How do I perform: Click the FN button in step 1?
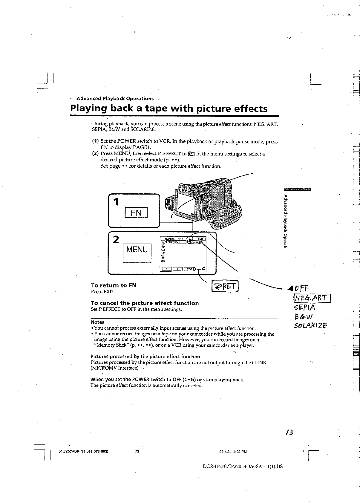(136, 213)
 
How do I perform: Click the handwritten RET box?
(225, 287)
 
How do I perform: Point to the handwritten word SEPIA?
(304, 308)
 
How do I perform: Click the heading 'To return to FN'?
(114, 285)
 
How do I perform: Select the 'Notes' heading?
(97, 322)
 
